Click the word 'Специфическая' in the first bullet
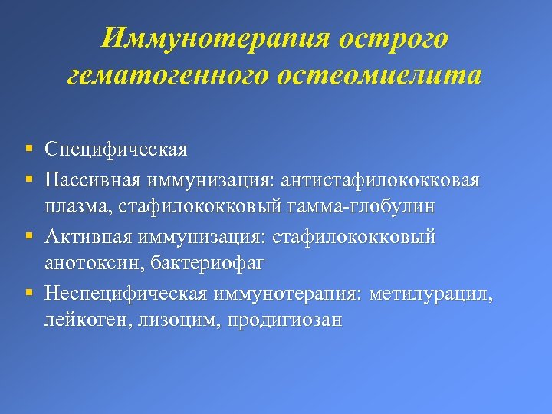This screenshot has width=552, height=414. [116, 149]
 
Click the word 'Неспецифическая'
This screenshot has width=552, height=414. [125, 293]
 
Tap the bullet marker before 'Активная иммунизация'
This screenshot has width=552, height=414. [28, 236]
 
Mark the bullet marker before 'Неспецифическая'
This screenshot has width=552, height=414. [28, 293]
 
